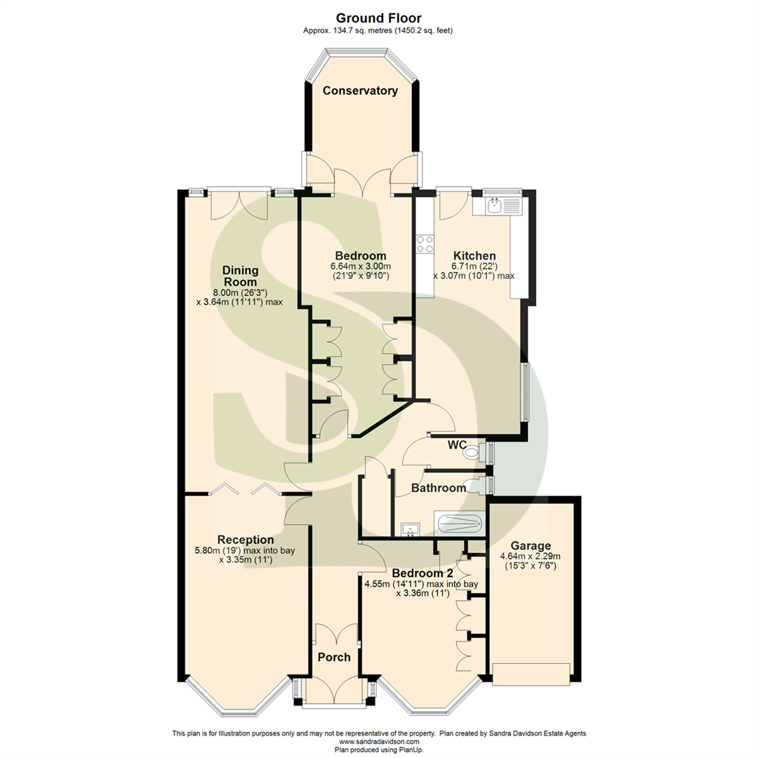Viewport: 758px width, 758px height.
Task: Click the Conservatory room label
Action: (360, 91)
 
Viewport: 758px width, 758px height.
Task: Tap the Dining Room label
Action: (241, 275)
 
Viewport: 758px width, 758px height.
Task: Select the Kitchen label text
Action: (474, 256)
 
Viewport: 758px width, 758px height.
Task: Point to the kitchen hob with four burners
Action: (425, 244)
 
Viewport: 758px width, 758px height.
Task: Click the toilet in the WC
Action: (475, 453)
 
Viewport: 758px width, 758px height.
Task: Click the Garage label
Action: (531, 546)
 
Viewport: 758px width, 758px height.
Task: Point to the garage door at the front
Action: (531, 674)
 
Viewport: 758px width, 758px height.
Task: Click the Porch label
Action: (333, 658)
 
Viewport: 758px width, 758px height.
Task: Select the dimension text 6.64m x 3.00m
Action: (360, 267)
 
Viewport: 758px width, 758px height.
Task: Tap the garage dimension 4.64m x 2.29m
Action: (531, 557)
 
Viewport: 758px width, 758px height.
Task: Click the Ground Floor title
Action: (378, 18)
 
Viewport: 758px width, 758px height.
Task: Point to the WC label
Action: (458, 444)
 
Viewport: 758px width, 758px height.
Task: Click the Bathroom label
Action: (438, 488)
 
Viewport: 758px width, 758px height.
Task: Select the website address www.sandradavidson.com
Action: (379, 742)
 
